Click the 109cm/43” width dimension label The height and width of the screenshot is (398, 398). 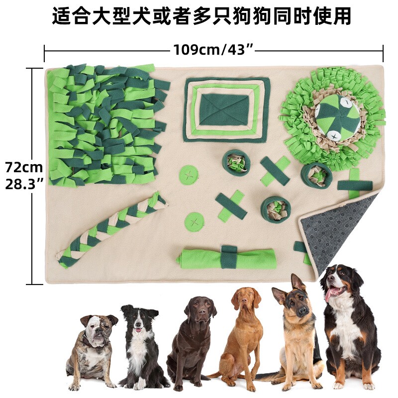coord(213,50)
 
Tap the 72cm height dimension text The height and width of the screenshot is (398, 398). coord(24,167)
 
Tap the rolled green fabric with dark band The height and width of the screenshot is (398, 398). coord(227,258)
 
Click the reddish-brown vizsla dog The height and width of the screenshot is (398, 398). coord(244,338)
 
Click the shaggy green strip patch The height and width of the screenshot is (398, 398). coord(107,124)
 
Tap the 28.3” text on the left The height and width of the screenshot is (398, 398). coord(24,184)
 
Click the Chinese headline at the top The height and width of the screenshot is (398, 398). coord(201,16)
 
